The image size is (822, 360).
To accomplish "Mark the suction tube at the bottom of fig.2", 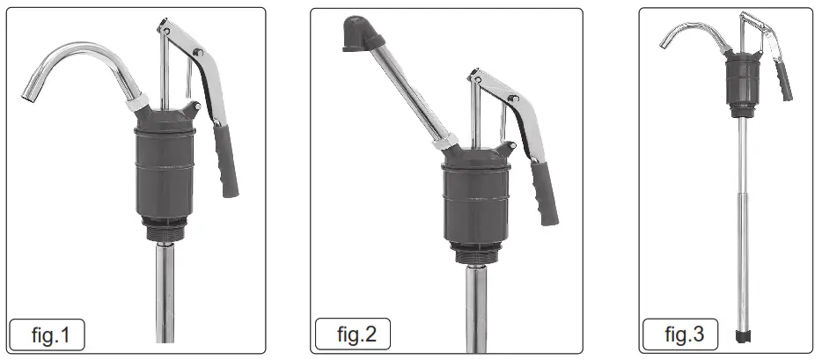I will (476, 308).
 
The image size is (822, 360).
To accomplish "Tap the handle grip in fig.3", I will (783, 81).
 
